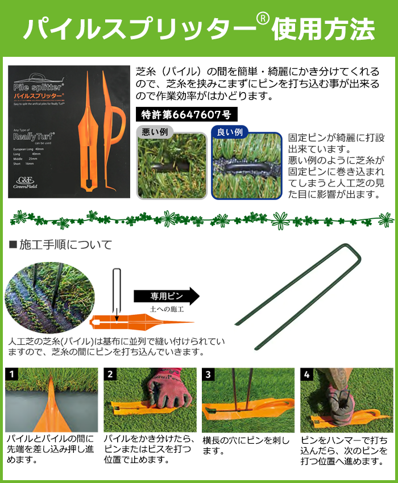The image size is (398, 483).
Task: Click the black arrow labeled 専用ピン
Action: click(x=167, y=296)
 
